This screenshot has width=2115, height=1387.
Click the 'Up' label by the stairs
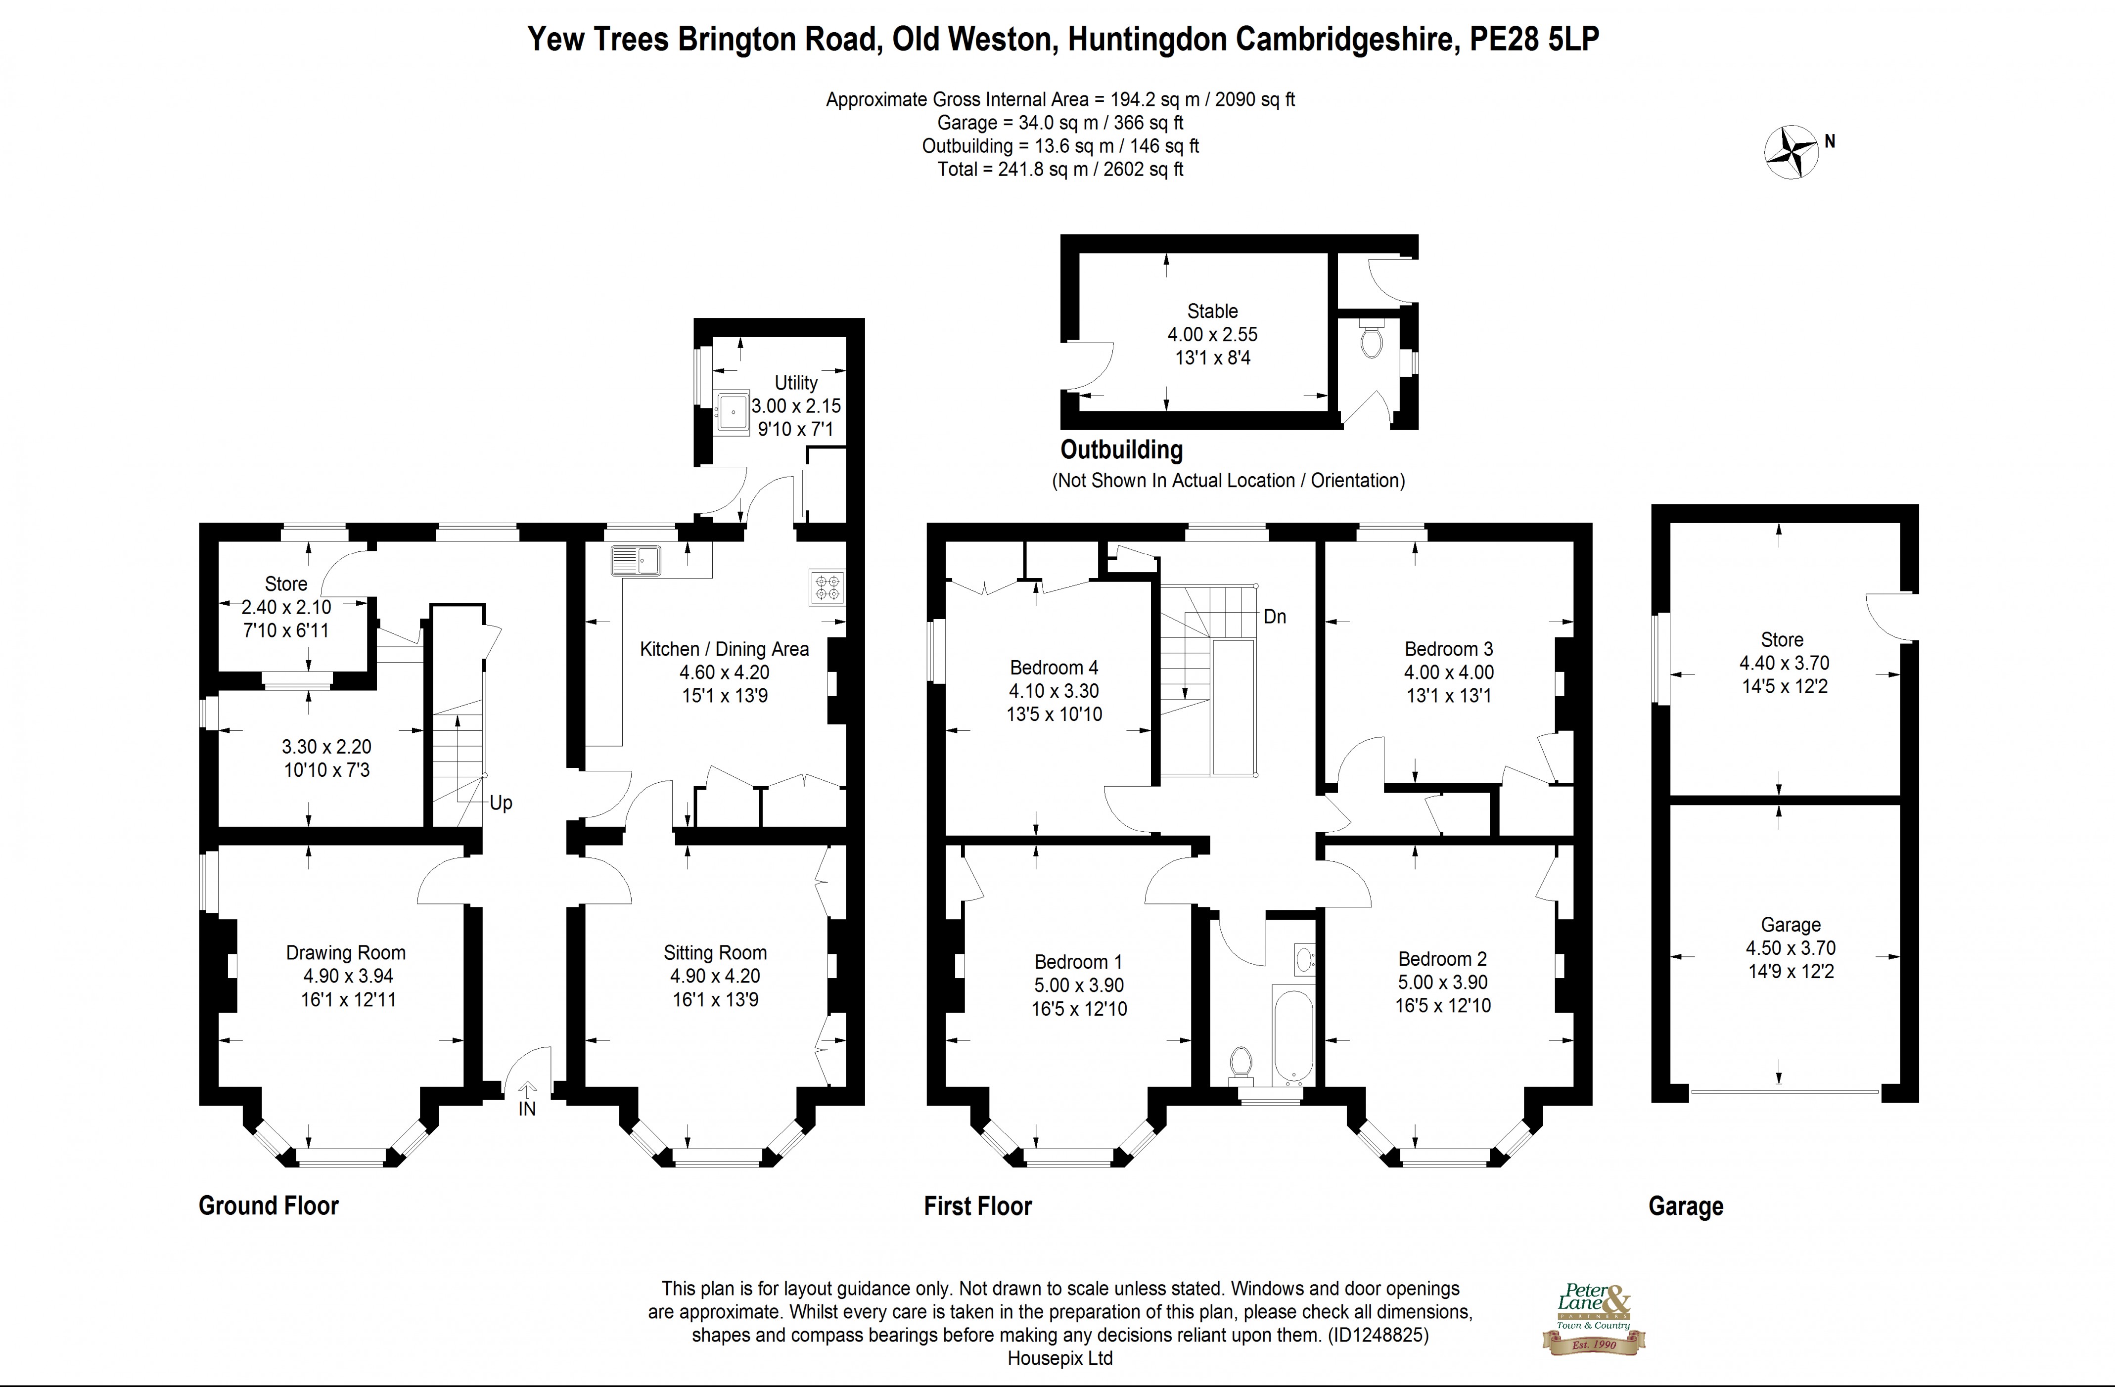501,803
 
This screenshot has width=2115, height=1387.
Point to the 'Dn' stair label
1274,617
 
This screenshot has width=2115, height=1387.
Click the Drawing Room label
346,952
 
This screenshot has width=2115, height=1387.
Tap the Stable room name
1212,311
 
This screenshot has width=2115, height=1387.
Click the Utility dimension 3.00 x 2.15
796,406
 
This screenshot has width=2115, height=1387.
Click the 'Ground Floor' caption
269,1206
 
